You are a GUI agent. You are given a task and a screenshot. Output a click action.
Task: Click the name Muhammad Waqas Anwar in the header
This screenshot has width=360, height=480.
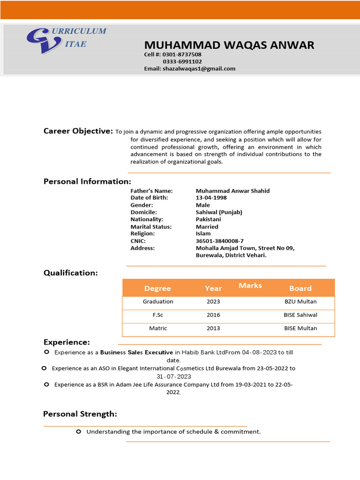pyautogui.click(x=229, y=45)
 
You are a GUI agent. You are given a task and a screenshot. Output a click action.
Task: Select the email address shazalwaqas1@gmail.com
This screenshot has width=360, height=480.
pyautogui.click(x=199, y=68)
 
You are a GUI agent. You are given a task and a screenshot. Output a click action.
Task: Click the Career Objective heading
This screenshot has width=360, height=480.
pyautogui.click(x=78, y=131)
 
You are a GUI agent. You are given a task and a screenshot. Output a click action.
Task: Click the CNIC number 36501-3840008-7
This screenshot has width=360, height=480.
pyautogui.click(x=219, y=241)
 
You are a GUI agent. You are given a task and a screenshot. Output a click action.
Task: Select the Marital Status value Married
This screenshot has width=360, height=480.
pyautogui.click(x=207, y=227)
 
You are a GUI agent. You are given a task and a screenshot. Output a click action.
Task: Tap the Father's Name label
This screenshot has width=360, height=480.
pyautogui.click(x=151, y=191)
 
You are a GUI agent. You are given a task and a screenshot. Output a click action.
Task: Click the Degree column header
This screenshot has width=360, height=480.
pyautogui.click(x=157, y=288)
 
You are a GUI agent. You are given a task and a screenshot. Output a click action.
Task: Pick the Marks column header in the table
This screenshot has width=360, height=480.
pyautogui.click(x=250, y=285)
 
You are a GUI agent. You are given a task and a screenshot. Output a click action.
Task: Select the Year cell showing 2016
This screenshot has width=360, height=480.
pyautogui.click(x=213, y=315)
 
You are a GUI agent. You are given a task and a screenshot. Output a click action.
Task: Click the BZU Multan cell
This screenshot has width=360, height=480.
pyautogui.click(x=300, y=301)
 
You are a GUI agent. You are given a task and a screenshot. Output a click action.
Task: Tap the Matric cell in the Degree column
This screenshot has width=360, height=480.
pyautogui.click(x=158, y=328)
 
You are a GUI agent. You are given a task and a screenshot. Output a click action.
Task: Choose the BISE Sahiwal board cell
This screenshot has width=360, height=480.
pyautogui.click(x=300, y=315)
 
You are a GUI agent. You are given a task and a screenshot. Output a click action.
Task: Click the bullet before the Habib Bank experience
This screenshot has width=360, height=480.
pyautogui.click(x=46, y=352)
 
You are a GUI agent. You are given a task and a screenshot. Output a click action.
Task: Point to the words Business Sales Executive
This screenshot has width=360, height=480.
pyautogui.click(x=136, y=352)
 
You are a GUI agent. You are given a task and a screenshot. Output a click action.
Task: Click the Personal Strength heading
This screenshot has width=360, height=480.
pyautogui.click(x=80, y=414)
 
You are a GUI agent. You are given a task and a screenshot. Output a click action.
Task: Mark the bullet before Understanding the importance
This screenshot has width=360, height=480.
pyautogui.click(x=78, y=431)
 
